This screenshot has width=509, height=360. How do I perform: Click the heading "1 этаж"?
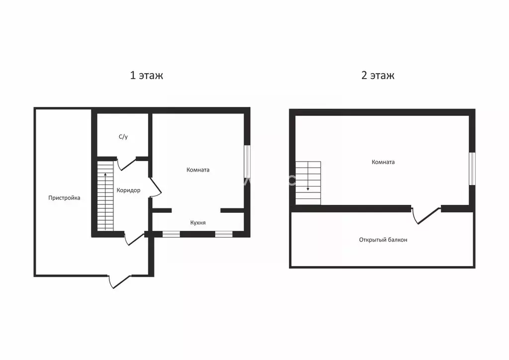147,75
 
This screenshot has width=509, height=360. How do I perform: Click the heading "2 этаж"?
378,75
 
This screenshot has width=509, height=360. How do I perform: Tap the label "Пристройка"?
64,198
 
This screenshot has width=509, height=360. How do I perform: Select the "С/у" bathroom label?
123,137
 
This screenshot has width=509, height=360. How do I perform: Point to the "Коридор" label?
129,190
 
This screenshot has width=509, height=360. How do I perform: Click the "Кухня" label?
198,223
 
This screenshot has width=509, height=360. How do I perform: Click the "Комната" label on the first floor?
198,170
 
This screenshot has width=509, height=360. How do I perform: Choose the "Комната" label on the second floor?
383,162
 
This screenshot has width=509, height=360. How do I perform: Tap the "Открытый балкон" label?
383,240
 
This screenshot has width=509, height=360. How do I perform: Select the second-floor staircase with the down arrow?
308,183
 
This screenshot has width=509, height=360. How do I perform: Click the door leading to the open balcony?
426,215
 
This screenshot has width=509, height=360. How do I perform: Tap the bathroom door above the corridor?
126,164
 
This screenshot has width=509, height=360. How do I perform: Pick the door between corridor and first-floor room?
155,187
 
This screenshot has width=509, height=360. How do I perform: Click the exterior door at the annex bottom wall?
119,281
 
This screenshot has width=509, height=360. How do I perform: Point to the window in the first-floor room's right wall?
248,161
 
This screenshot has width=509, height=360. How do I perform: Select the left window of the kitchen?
171,234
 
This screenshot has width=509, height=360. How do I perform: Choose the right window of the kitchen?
224,234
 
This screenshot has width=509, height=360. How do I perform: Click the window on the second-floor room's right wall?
472,169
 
